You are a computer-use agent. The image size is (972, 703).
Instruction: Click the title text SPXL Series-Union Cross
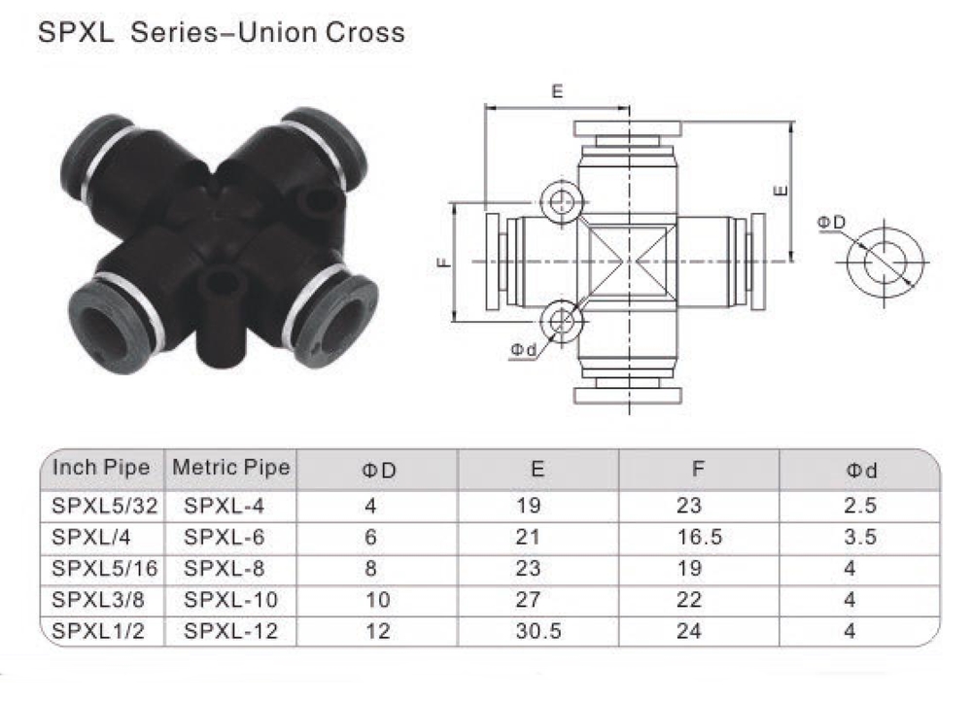pyautogui.click(x=221, y=33)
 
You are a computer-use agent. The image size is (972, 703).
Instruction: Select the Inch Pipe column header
pyautogui.click(x=101, y=468)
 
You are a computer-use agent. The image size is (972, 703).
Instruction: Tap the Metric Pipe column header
pyautogui.click(x=231, y=468)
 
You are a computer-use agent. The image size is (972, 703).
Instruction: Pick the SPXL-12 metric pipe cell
pyautogui.click(x=231, y=631)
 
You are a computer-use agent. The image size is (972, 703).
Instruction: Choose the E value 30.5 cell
pyautogui.click(x=538, y=631)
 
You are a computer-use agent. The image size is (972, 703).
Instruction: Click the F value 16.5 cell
pyautogui.click(x=698, y=537)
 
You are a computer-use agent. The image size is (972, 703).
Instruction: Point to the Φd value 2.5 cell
pyautogui.click(x=861, y=505)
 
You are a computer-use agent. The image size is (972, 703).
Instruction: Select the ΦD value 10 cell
pyautogui.click(x=377, y=599)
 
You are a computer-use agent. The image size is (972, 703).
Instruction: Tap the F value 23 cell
pyautogui.click(x=688, y=505)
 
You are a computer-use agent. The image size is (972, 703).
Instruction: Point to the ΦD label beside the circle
pyautogui.click(x=831, y=223)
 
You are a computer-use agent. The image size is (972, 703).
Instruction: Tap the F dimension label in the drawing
pyautogui.click(x=443, y=262)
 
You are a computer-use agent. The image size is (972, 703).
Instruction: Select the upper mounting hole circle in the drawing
pyautogui.click(x=560, y=202)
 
